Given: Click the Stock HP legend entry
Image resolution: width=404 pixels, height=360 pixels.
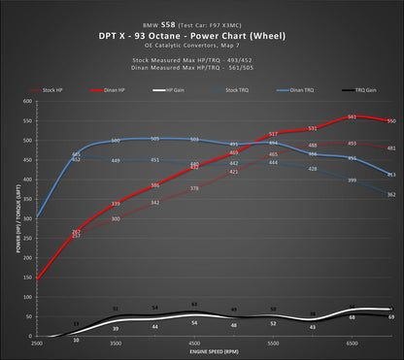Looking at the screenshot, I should [x=52, y=89].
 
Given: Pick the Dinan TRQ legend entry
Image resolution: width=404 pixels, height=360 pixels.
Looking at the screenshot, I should [x=296, y=89].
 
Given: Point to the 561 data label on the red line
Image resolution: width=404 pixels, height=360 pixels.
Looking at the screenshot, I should [x=352, y=117].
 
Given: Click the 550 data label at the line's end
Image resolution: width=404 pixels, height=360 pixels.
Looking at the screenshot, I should [x=389, y=121].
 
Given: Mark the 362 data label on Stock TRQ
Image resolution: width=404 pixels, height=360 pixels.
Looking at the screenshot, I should [x=390, y=195].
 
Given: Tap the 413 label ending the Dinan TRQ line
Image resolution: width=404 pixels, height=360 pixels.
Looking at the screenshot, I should [x=390, y=175].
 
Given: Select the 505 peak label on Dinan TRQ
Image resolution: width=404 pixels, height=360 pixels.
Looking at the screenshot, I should [x=155, y=138].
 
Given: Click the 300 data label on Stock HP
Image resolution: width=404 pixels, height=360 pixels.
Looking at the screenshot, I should [x=116, y=218].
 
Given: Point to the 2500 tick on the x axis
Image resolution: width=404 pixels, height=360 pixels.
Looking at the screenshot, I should [x=38, y=344].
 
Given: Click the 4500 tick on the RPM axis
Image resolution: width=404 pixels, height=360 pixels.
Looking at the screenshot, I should [x=194, y=344].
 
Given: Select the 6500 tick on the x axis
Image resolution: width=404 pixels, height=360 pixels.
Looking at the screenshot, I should [x=352, y=344].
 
